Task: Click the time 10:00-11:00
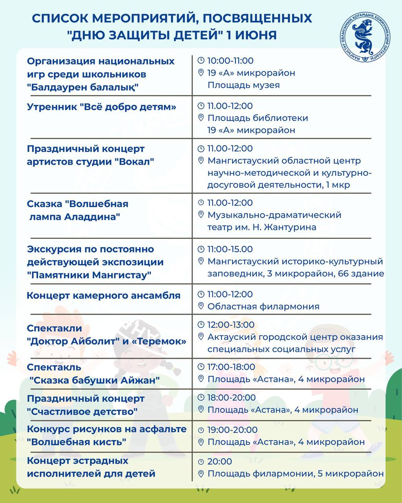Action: coord(230,61)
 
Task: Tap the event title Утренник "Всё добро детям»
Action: coord(102,107)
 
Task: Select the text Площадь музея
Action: coord(243,85)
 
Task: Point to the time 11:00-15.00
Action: coord(230,249)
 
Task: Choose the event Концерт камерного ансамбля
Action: coord(104,296)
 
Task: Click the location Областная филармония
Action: coord(263,306)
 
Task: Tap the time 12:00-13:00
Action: coord(231,325)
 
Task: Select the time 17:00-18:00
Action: coord(231,367)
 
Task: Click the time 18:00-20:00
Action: coord(232,398)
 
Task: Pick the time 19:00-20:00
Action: coord(232,430)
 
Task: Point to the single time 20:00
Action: coord(219,461)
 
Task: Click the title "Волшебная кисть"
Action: coord(77,442)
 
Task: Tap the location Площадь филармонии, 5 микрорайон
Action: coord(295,474)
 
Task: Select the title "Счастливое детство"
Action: coord(82,411)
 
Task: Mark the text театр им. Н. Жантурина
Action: coord(261,227)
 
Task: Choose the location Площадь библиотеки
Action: coord(258,118)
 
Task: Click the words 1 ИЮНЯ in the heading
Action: coord(252,35)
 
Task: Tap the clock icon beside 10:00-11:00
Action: coord(201,61)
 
